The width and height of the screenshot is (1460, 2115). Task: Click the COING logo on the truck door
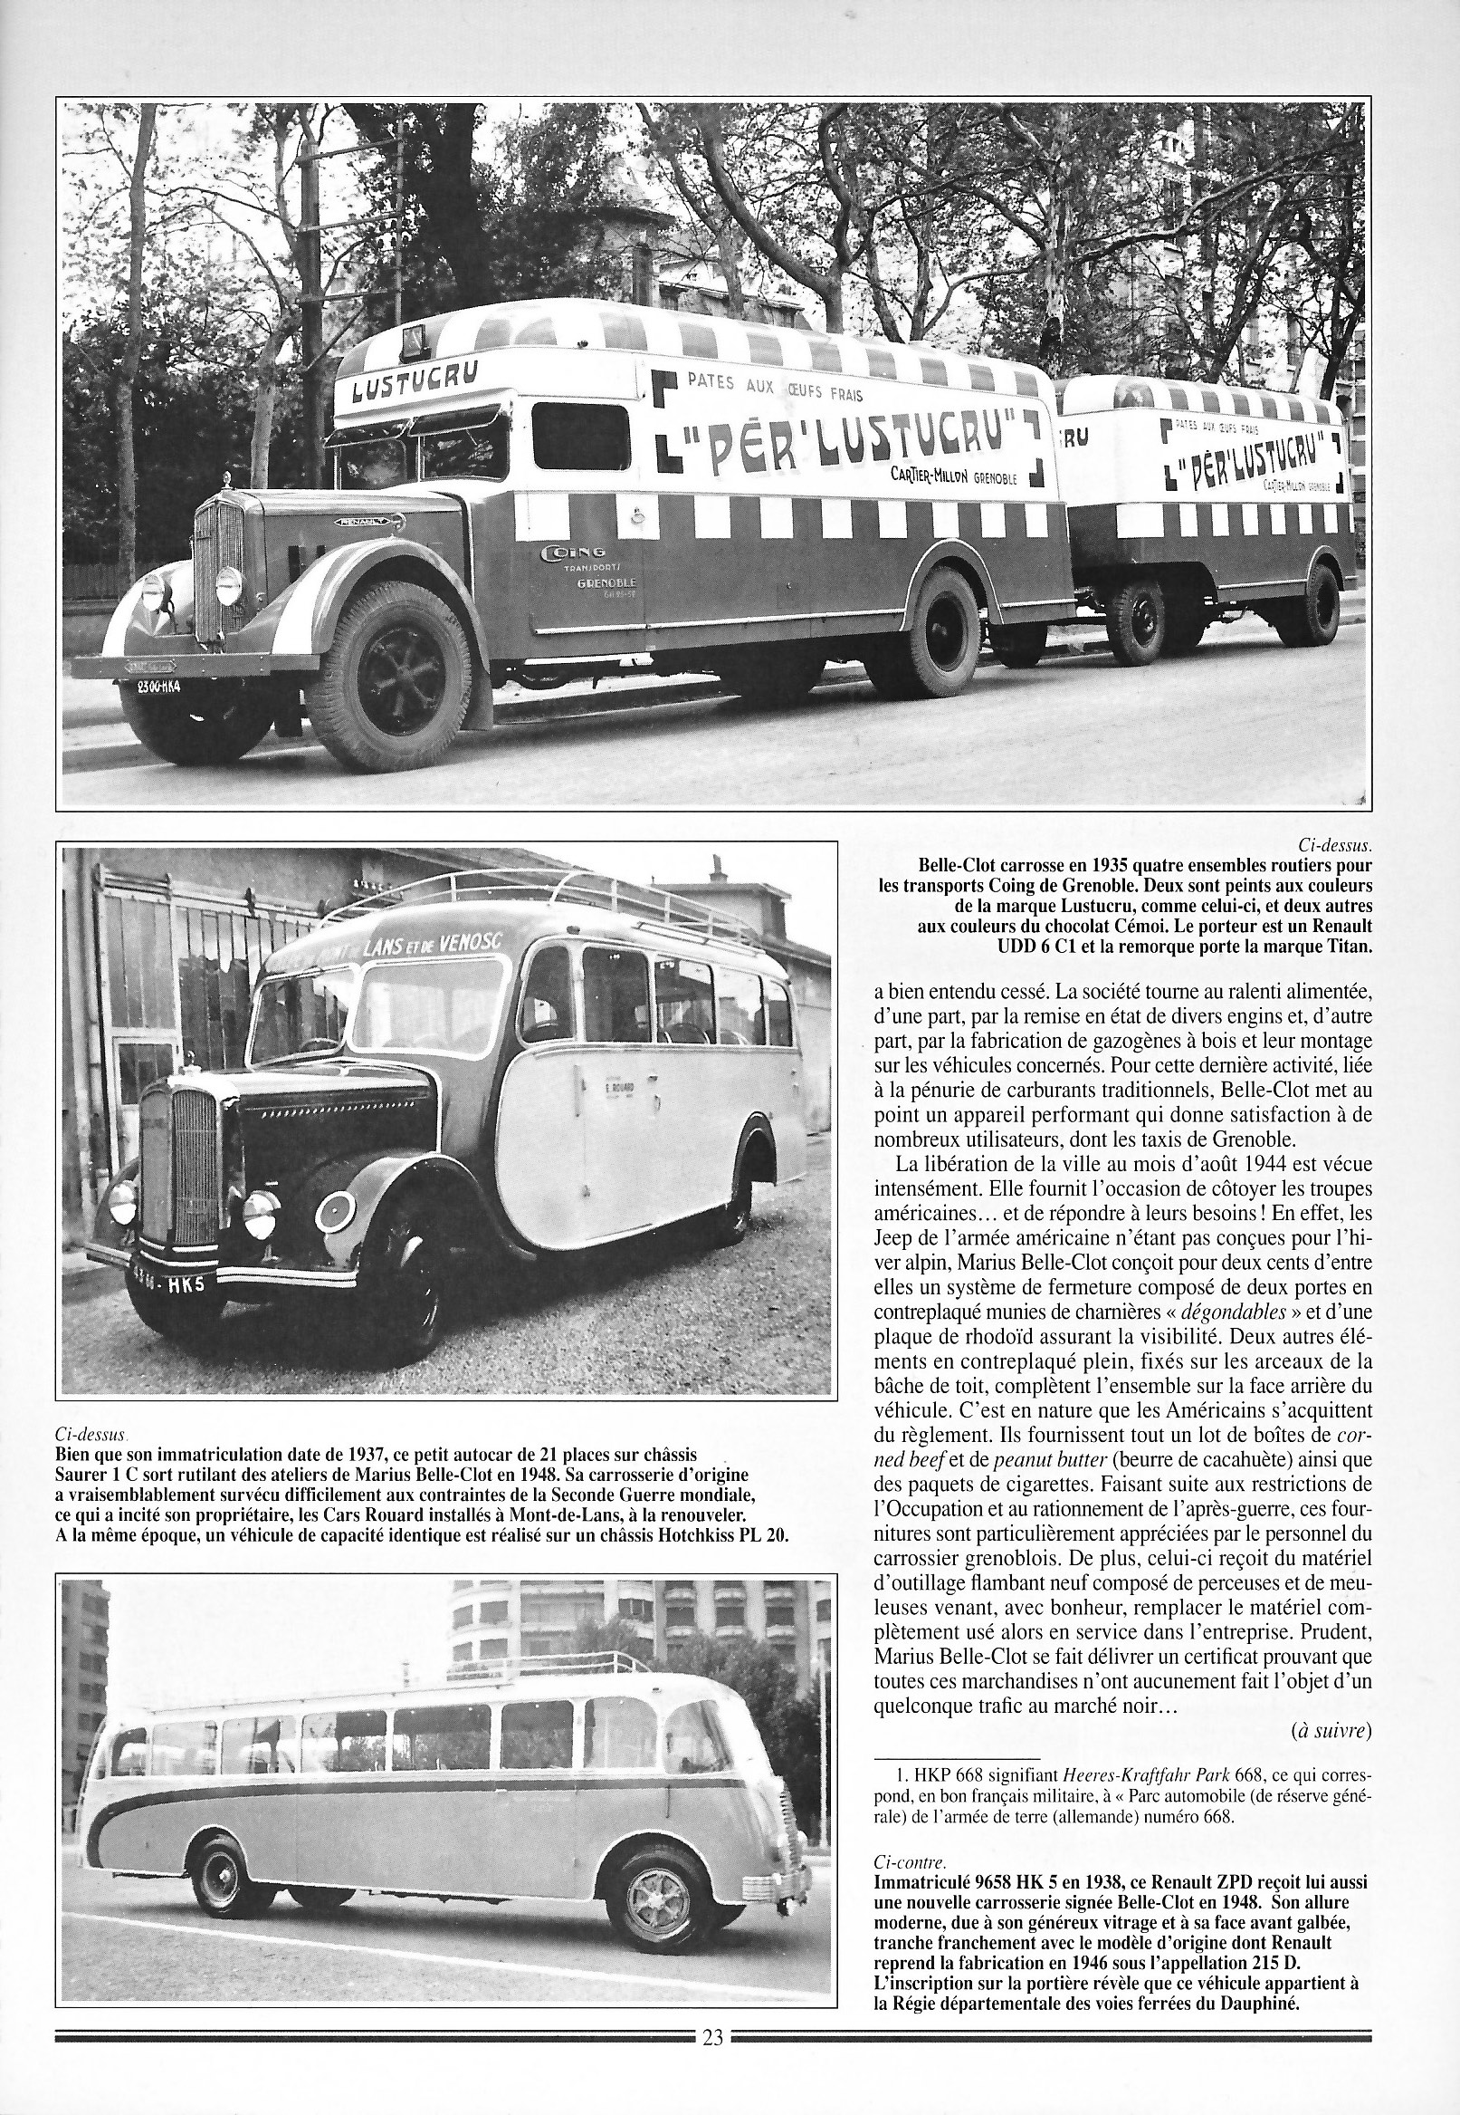(572, 553)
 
